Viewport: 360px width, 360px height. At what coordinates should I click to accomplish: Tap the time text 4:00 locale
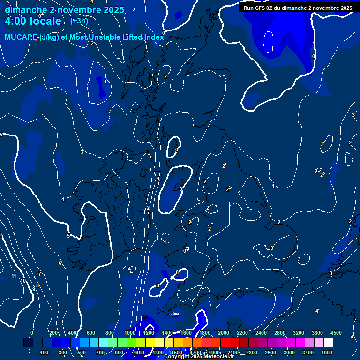click(x=33, y=22)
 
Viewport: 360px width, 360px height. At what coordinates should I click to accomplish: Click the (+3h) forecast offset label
click(x=79, y=21)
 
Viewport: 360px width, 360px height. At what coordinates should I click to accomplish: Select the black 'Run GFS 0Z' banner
click(x=298, y=7)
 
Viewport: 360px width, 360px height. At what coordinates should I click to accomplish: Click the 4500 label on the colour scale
click(x=336, y=333)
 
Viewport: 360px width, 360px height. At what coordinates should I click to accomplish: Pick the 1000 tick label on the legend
click(x=130, y=333)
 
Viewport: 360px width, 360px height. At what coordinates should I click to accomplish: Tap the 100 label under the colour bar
click(x=44, y=352)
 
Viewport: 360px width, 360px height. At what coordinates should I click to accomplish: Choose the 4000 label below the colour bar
click(x=327, y=352)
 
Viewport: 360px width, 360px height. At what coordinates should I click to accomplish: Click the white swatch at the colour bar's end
click(x=328, y=343)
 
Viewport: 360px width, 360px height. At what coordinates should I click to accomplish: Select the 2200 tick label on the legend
click(x=242, y=333)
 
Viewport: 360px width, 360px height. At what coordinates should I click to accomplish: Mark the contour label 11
click(x=14, y=276)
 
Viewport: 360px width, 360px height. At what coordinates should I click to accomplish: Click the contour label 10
click(x=22, y=281)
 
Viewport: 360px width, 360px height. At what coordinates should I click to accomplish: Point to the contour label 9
click(x=33, y=289)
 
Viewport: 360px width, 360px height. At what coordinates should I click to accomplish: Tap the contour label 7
click(x=40, y=274)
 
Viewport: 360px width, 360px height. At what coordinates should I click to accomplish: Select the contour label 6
click(x=60, y=263)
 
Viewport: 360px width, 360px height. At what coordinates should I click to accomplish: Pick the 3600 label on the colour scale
click(x=317, y=333)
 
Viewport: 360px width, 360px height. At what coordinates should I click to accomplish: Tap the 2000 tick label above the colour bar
click(x=224, y=333)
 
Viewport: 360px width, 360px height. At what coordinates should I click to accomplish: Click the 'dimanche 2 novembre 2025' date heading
click(x=64, y=10)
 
